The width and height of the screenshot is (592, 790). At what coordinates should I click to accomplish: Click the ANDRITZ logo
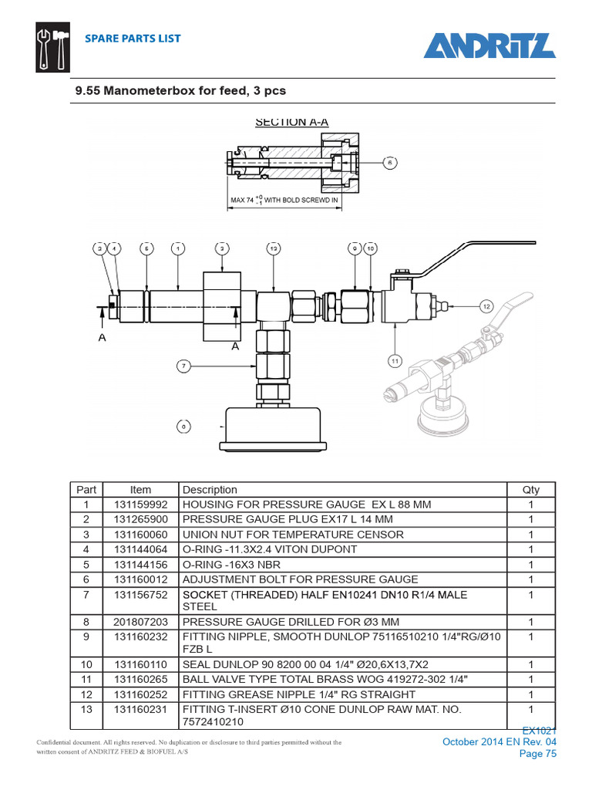(489, 46)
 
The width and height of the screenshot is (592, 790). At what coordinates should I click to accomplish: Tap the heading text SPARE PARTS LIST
(133, 39)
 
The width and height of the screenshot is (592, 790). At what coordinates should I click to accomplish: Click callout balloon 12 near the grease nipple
(486, 306)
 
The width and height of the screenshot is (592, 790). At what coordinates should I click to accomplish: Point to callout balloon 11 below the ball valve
(394, 360)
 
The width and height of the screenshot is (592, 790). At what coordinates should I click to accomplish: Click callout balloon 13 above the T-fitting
(274, 248)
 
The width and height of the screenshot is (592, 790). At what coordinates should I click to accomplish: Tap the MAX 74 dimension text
(284, 200)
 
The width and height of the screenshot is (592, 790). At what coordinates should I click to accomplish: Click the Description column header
(210, 490)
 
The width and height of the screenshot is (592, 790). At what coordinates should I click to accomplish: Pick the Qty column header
(530, 490)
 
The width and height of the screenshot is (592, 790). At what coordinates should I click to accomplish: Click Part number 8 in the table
(86, 622)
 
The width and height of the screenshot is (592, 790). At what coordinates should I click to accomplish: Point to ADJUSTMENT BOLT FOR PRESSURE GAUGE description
(300, 579)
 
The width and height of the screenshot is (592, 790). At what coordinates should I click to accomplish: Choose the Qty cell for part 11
(530, 679)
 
